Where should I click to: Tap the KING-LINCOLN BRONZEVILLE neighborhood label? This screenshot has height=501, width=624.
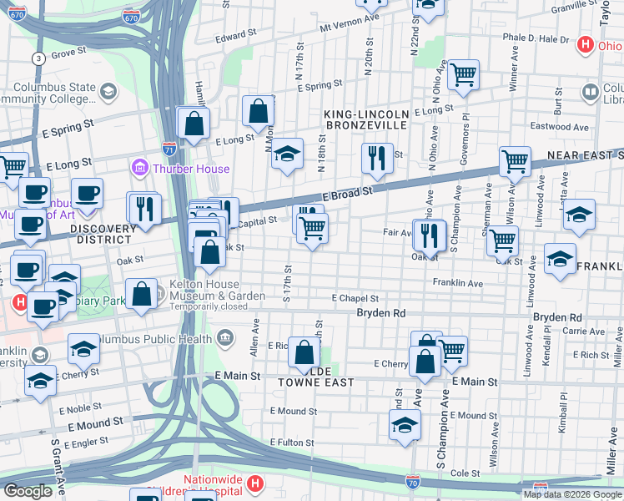367,119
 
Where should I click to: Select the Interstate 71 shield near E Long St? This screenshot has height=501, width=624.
169,148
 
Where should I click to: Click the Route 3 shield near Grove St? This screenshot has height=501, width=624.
38,58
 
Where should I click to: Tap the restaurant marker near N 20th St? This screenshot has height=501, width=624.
377,157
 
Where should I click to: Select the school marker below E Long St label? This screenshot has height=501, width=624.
286,154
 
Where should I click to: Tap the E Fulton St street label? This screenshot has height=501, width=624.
292,442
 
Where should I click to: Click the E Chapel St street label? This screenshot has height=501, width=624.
355,298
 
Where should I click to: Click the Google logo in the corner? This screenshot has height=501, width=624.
28,491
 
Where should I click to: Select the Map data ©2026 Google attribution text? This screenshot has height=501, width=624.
572,494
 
